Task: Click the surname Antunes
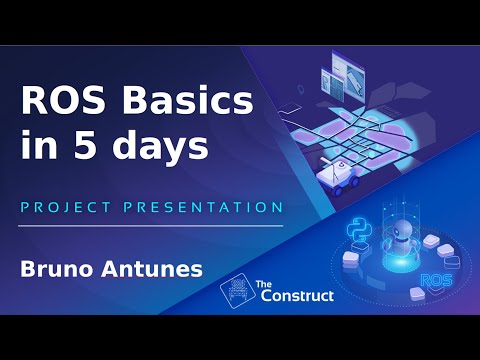pyautogui.click(x=149, y=269)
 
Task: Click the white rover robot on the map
pyautogui.click(x=334, y=174)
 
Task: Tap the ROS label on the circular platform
pyautogui.click(x=436, y=281)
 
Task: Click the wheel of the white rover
pyautogui.click(x=326, y=184)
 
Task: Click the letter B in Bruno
pyautogui.click(x=28, y=269)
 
